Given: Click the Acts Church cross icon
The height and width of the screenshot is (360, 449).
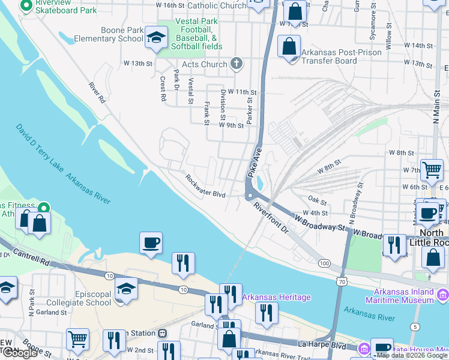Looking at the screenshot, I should click(x=237, y=64).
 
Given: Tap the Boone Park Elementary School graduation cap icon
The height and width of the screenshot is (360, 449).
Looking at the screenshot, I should click(x=156, y=40).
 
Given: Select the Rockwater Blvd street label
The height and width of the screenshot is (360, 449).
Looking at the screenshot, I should click(x=205, y=187).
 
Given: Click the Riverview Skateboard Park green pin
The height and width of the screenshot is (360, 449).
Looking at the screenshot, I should click(x=26, y=6).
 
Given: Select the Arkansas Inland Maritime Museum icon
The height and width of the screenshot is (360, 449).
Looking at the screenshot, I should click(x=443, y=294).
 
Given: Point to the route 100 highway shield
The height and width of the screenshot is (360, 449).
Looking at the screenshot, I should click(x=325, y=263).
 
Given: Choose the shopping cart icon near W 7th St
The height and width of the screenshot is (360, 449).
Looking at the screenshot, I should click(x=431, y=170).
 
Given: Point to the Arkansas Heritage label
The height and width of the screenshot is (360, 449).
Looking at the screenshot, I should click(x=277, y=297).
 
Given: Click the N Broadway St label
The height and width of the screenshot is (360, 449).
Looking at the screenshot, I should click(x=355, y=203).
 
